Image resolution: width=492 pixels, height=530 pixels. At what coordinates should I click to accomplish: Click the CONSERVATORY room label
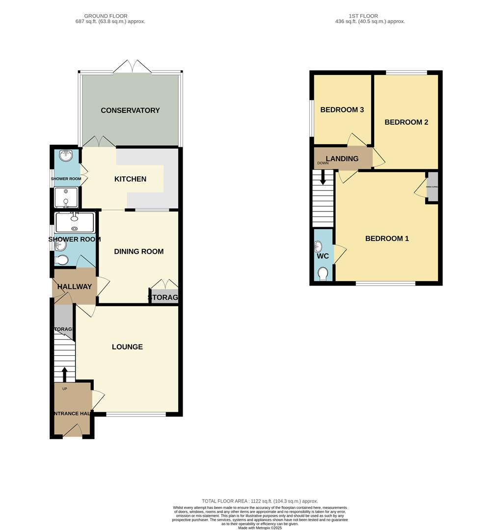(130, 110)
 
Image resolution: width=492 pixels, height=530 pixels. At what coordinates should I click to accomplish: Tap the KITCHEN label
(130, 179)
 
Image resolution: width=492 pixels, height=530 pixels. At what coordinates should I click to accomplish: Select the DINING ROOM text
(138, 251)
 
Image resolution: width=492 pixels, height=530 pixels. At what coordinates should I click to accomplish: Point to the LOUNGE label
(127, 346)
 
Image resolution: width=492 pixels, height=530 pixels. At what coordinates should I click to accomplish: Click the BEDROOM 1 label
(387, 238)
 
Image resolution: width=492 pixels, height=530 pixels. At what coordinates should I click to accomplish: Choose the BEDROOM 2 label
(406, 122)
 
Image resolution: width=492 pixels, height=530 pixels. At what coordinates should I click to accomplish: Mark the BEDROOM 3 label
(342, 109)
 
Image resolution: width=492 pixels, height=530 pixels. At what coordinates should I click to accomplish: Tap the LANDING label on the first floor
(342, 159)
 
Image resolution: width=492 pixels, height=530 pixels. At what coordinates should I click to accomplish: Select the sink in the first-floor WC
(319, 246)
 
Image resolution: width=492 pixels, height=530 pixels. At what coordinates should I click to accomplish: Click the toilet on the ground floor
(62, 260)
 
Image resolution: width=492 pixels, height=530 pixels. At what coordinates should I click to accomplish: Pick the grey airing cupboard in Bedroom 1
(432, 187)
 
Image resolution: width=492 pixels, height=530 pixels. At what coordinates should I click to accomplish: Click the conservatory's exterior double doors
(130, 67)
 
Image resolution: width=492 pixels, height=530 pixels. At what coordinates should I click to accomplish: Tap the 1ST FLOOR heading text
(363, 16)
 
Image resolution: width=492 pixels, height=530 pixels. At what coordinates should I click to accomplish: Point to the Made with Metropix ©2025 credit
(260, 528)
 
